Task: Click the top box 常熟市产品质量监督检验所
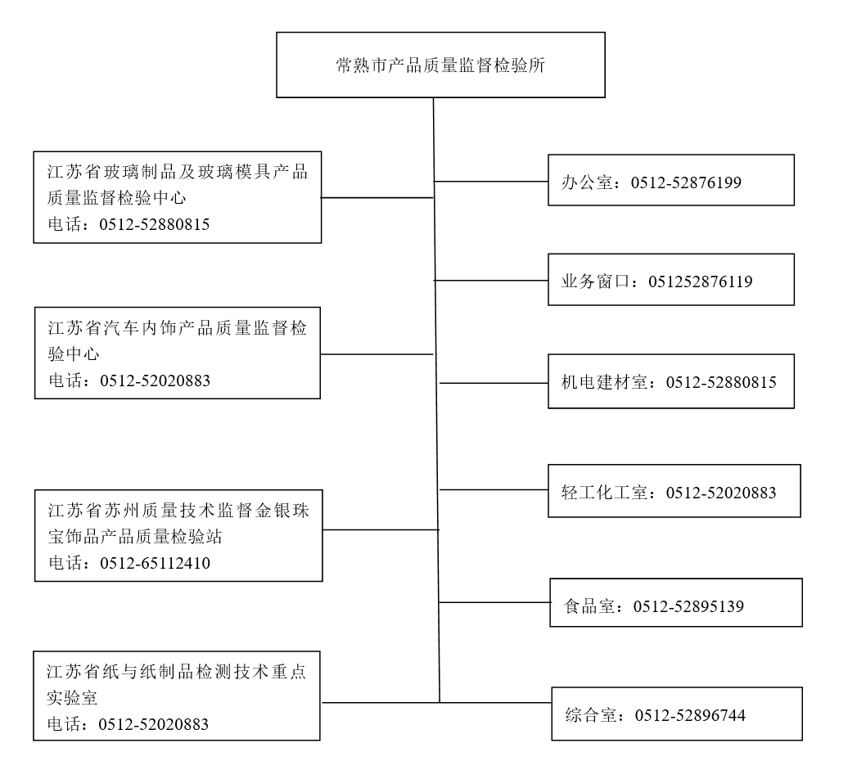(440, 65)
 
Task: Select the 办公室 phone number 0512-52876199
(686, 182)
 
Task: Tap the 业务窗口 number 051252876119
(701, 281)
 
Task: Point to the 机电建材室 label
(604, 382)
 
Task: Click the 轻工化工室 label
(604, 493)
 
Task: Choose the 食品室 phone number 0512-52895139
(688, 606)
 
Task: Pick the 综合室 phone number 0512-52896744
(690, 716)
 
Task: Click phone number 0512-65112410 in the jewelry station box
(156, 564)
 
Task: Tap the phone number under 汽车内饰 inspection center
(156, 381)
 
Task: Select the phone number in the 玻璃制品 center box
(155, 225)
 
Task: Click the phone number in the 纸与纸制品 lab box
(154, 724)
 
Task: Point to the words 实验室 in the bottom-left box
(72, 698)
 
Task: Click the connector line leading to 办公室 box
(491, 181)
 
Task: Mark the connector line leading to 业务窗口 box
(491, 280)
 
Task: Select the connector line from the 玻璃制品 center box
(377, 197)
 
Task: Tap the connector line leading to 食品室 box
(495, 601)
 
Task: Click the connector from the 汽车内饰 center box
(377, 354)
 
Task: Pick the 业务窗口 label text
(595, 281)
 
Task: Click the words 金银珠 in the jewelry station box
(282, 511)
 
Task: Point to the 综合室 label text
(591, 716)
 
